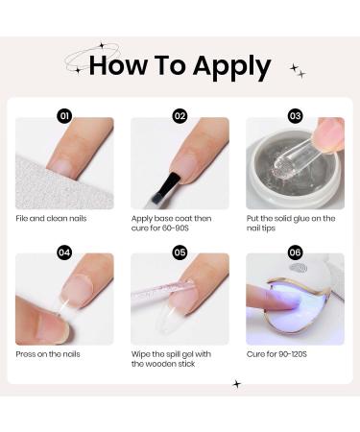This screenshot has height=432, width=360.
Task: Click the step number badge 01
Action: click(x=64, y=115)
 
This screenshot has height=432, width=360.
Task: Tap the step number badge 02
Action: click(x=180, y=115)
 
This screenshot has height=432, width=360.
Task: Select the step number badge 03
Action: click(x=295, y=115)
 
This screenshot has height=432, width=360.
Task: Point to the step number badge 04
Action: click(x=64, y=252)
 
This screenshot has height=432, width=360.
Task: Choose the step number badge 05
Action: click(x=180, y=252)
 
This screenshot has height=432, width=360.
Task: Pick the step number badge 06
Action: click(x=295, y=252)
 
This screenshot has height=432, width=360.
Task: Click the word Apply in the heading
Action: click(x=231, y=66)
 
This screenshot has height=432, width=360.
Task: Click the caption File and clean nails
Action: click(x=51, y=219)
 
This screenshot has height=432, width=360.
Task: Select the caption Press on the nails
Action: click(x=48, y=354)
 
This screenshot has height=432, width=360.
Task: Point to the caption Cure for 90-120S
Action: click(x=276, y=354)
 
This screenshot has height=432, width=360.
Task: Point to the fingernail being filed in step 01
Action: click(x=60, y=166)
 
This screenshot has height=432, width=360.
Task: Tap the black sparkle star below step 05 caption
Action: click(x=237, y=384)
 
